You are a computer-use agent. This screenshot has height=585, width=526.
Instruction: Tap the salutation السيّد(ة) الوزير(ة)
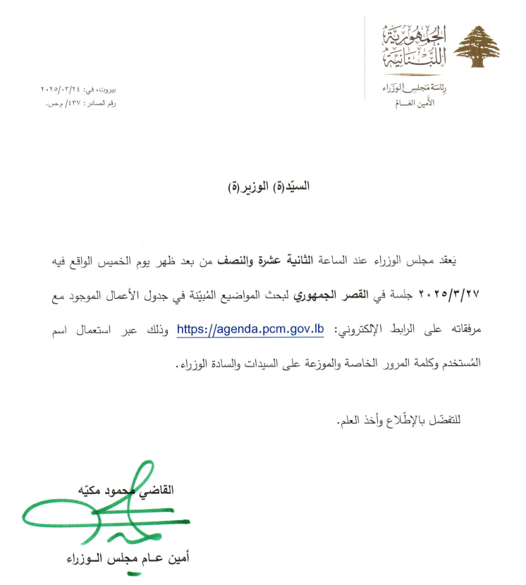point(271,187)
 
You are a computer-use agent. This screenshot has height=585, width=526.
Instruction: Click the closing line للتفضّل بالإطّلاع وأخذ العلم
point(402,422)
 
